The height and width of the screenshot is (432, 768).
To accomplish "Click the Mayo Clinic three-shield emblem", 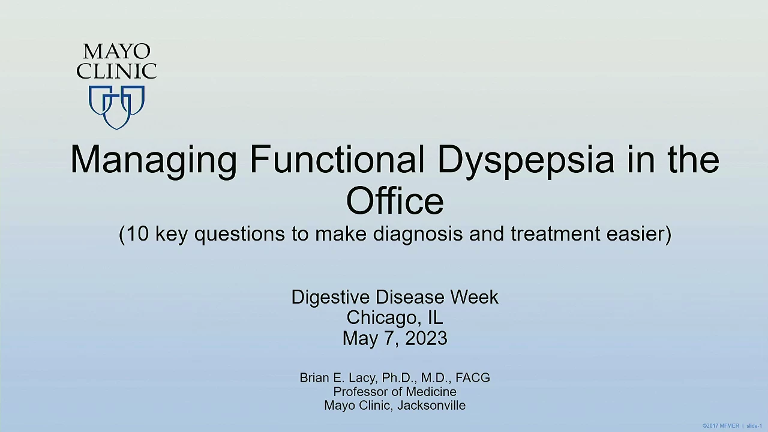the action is coord(116,107).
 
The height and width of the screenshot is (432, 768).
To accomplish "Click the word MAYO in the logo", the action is coord(116,52).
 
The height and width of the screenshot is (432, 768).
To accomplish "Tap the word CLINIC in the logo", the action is coord(116,71).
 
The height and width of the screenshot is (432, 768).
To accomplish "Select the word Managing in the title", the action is coord(154,161).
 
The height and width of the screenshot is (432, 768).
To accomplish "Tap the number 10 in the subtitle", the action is coord(138,233).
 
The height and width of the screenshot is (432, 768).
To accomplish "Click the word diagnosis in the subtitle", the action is coord(418,235).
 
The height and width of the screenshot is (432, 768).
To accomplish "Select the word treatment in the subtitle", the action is coord(556,234).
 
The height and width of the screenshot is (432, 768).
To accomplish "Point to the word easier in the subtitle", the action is coord(635,234).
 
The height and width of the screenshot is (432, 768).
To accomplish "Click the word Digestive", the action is coord(331,298).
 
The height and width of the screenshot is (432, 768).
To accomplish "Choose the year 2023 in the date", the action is coord(426,338).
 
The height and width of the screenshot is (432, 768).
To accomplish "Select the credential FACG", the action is coord(473,378).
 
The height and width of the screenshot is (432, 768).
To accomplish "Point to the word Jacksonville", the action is coord(431,406).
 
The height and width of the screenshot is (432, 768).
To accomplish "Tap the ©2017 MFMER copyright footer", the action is coord(721,426).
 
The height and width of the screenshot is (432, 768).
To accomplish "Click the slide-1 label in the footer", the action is coord(754,426).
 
